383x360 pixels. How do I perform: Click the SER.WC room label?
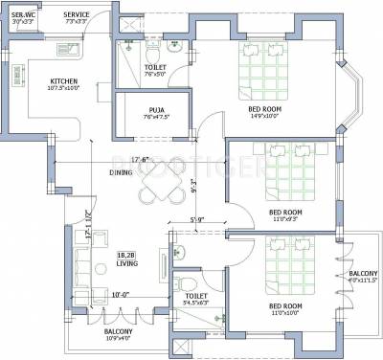coord(24,15)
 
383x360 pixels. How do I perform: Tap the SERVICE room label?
coord(77,15)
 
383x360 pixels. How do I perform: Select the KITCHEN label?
coord(64,81)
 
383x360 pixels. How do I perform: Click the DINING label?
coord(121,173)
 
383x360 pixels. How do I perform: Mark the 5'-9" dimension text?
coord(195,222)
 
